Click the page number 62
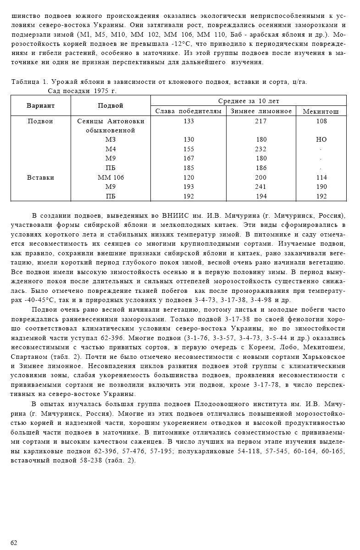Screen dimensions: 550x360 (14, 543)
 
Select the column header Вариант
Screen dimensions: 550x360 (40, 105)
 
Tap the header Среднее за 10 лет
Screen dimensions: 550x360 (249, 101)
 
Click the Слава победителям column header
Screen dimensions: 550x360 (188, 111)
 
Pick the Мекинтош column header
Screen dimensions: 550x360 (321, 111)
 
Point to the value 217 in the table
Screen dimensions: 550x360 (260, 121)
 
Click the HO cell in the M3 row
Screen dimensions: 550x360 (321, 140)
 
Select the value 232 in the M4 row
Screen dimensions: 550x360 (260, 149)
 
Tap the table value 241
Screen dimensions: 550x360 (260, 187)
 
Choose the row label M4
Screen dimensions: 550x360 (111, 149)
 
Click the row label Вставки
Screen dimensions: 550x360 (40, 177)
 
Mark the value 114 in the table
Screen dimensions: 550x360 (321, 177)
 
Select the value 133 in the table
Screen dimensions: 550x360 (188, 121)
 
